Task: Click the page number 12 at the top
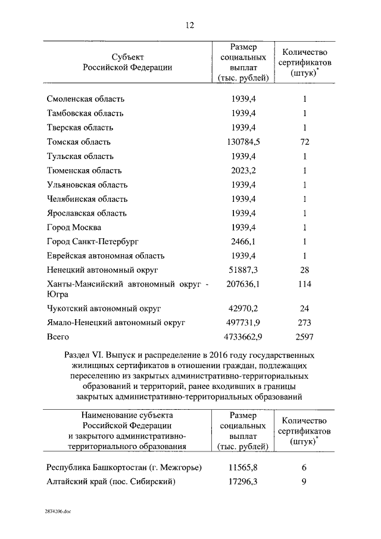click(190, 24)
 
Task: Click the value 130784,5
click(243, 142)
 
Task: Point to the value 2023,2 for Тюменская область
click(243, 170)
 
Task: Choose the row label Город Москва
click(74, 228)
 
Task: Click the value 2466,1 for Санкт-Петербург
click(243, 242)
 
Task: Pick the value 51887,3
click(243, 270)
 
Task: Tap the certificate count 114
click(304, 285)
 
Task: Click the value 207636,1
click(243, 285)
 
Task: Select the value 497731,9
click(243, 323)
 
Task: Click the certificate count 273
click(304, 323)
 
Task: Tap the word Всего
click(58, 337)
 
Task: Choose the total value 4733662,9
click(243, 337)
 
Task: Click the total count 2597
click(304, 337)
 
